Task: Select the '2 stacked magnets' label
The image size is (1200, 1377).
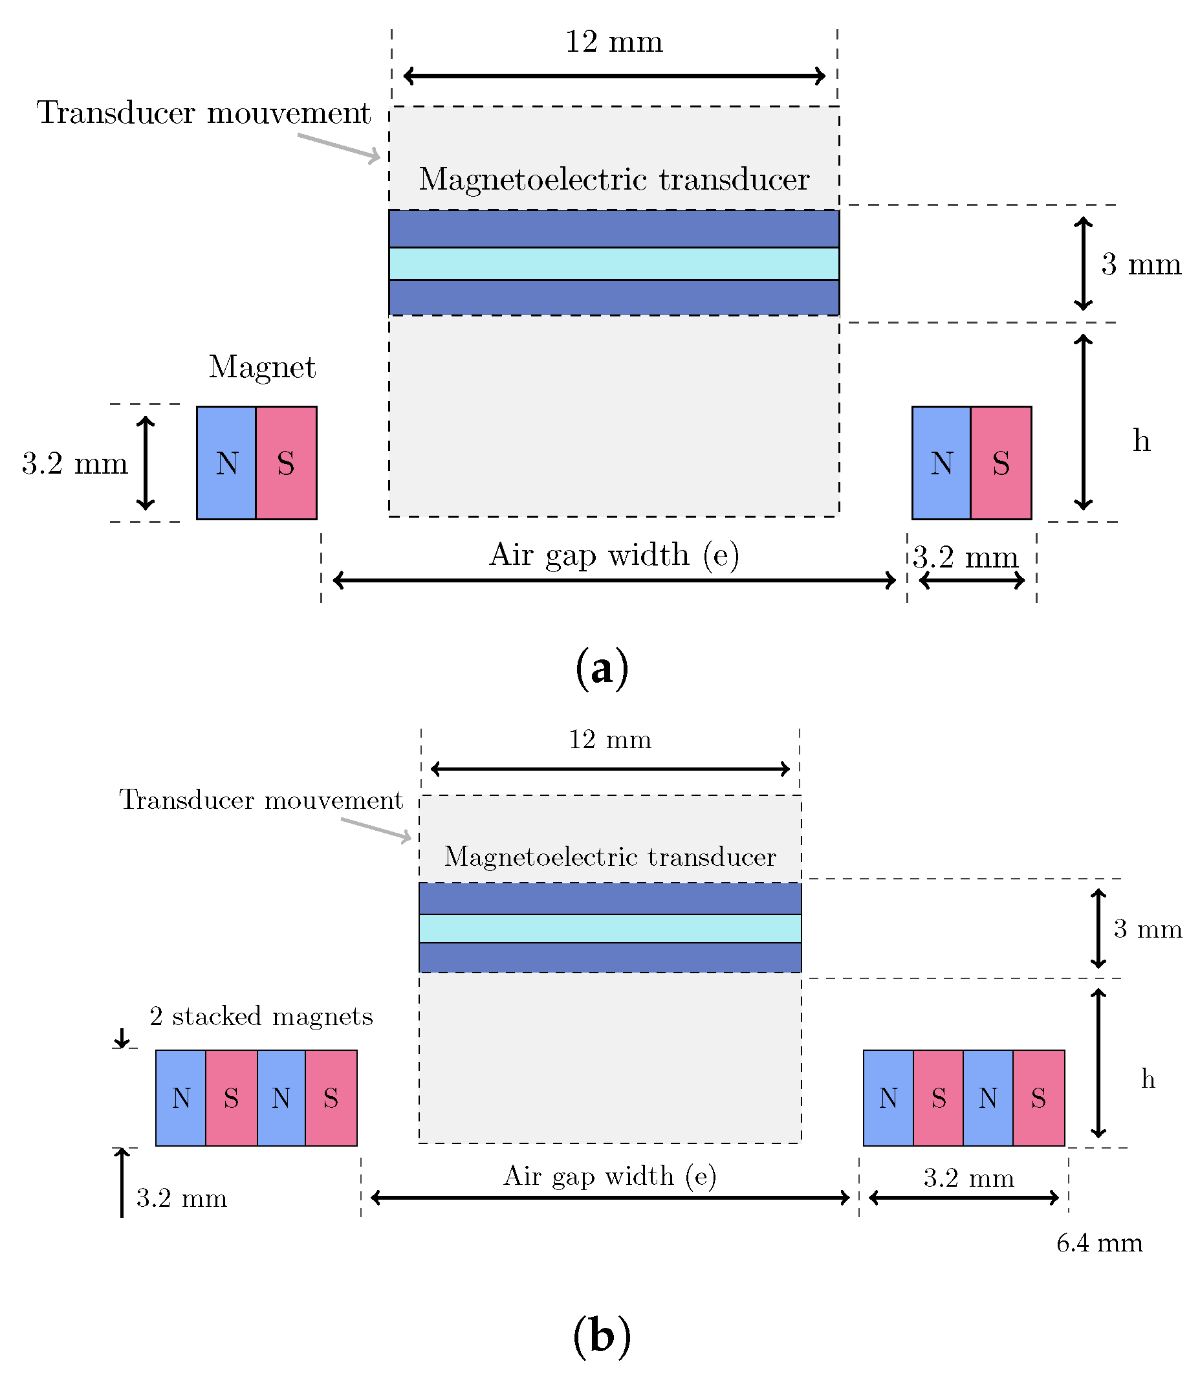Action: click(261, 1017)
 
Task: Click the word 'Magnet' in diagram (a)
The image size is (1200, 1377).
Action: click(262, 367)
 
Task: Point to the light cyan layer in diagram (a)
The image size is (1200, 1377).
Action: click(613, 263)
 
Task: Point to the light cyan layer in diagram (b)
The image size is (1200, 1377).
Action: click(609, 929)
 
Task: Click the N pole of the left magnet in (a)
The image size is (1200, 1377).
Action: click(226, 463)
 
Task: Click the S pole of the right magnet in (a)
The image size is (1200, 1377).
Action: click(1001, 463)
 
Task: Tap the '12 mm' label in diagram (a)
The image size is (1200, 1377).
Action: click(613, 41)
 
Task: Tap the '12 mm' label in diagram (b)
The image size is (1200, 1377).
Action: click(609, 740)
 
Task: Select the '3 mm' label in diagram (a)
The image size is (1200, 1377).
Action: click(1141, 265)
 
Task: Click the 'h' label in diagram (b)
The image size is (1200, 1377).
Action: click(1148, 1079)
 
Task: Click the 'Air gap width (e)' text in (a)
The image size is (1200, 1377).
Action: click(613, 555)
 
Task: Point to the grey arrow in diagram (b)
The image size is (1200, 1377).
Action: click(376, 829)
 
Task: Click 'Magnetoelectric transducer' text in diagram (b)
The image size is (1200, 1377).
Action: click(609, 857)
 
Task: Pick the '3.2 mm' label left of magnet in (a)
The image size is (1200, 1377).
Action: click(74, 463)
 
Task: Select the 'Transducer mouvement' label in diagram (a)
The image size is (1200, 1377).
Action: click(204, 113)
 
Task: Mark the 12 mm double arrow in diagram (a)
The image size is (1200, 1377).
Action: click(613, 76)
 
